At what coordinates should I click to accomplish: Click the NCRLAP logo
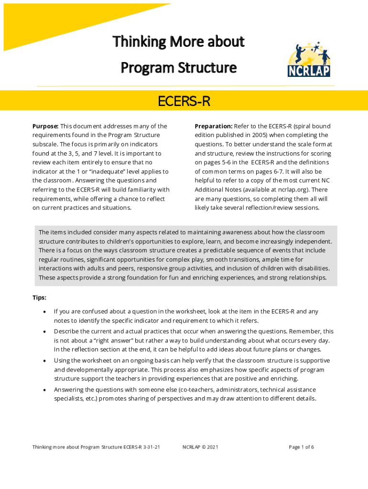tap(309, 59)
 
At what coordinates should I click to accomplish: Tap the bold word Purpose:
tap(45, 127)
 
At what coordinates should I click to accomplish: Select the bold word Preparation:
tap(214, 127)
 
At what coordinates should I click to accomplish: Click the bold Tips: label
tap(39, 298)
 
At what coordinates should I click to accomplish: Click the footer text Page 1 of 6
tap(301, 447)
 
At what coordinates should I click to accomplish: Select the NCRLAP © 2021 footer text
tap(200, 447)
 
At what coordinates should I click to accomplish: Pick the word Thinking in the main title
tap(135, 42)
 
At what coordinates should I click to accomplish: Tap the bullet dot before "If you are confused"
tap(44, 312)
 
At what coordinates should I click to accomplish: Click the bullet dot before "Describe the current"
tap(44, 331)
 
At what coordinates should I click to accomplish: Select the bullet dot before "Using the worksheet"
tap(44, 361)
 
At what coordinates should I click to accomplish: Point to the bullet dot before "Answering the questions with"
tap(44, 390)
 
